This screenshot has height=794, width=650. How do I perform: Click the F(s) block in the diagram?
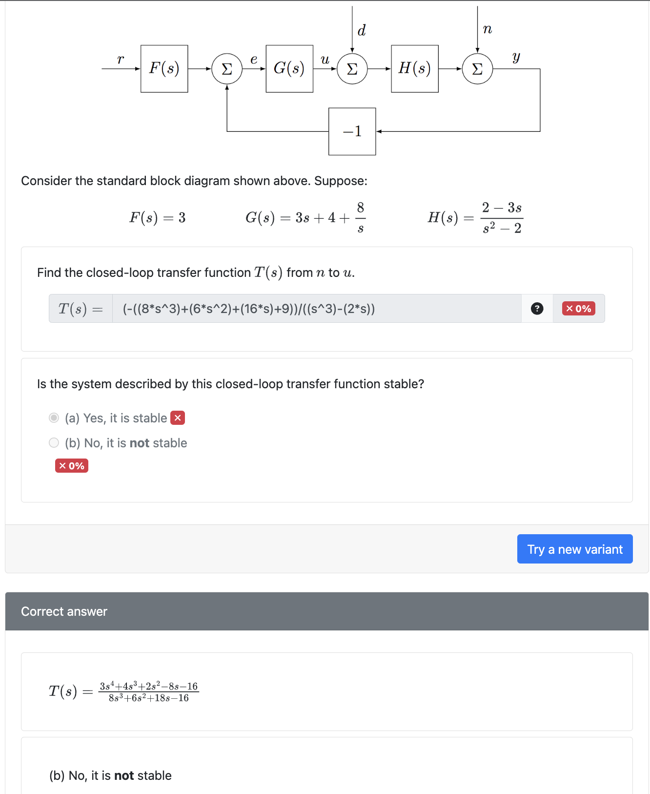164,69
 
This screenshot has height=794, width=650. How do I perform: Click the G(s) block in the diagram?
289,69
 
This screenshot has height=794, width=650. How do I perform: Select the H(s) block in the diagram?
415,69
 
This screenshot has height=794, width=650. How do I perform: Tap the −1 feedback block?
352,131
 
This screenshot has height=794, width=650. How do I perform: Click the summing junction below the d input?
352,69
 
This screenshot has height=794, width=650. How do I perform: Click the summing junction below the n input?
477,69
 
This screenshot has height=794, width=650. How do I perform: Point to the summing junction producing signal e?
227,69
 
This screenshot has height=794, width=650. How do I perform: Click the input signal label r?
121,60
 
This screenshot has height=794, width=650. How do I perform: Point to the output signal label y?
516,58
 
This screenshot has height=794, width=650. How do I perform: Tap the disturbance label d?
362,31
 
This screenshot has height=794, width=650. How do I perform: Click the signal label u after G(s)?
325,60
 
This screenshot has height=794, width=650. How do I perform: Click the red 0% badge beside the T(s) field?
578,309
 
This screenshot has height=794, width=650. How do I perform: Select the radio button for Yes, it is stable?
54,418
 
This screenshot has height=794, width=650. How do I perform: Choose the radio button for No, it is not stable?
54,443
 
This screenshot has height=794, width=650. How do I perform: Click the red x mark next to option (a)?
178,418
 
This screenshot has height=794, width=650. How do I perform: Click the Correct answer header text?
64,611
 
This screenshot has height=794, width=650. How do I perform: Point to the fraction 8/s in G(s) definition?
360,218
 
